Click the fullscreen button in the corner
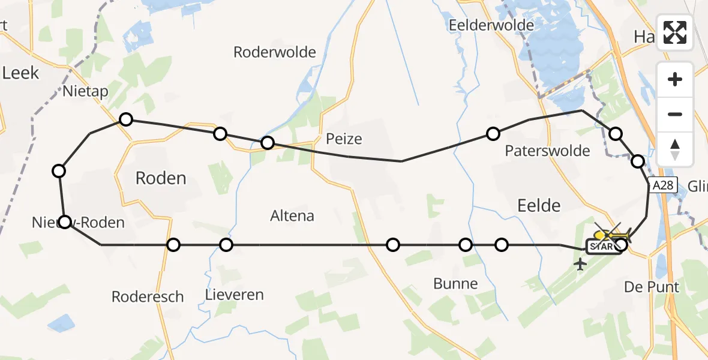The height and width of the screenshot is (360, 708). (x=675, y=32)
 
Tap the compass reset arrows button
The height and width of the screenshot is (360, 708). (x=675, y=149)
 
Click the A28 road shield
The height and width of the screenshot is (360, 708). (x=662, y=186)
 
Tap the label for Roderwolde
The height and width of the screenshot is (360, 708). (x=275, y=52)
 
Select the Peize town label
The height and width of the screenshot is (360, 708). (x=344, y=139)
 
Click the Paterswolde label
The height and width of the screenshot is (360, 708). (x=547, y=151)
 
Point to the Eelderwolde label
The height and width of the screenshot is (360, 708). (x=491, y=25)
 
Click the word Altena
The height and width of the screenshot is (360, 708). (x=292, y=215)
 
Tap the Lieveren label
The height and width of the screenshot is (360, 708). (x=234, y=295)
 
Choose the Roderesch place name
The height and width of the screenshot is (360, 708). (x=148, y=296)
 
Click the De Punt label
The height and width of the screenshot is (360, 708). (x=652, y=287)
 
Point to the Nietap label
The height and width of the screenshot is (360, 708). (x=85, y=91)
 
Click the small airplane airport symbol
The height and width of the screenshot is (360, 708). (x=580, y=264)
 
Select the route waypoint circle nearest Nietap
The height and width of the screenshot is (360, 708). (x=126, y=119)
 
